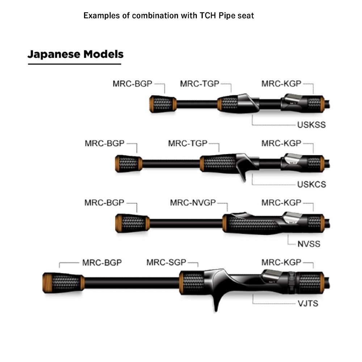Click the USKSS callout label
coord(311,125)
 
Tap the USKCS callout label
coord(311,184)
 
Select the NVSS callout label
coord(309,244)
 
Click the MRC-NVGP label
coord(192,202)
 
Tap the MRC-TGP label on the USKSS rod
coord(199,84)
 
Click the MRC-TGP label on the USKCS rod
coord(188,143)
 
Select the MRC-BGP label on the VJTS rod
coord(102,262)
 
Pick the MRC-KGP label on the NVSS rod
coord(281,202)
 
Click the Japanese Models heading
coord(75,54)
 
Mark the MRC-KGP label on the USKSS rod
coord(281,84)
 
